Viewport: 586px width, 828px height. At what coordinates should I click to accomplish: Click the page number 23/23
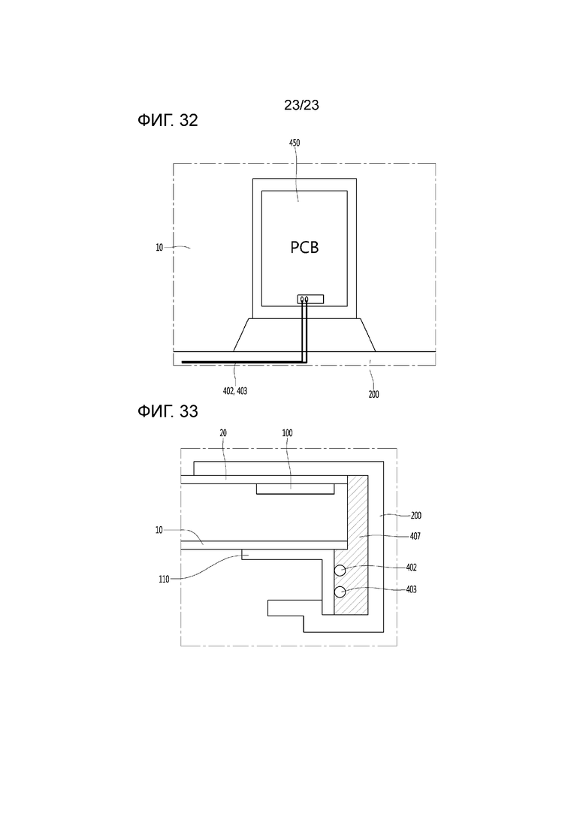point(301,105)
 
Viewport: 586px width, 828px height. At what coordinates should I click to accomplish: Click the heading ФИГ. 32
point(168,120)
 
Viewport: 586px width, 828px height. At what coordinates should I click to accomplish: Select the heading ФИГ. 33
point(168,411)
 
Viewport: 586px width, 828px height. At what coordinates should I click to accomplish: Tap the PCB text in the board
point(304,247)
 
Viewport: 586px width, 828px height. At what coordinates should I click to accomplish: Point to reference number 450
point(295,143)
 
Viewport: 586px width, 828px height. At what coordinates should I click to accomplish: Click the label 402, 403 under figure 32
point(235,391)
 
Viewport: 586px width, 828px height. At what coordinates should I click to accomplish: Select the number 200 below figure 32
point(373,394)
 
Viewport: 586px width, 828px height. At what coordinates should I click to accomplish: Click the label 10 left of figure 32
point(159,247)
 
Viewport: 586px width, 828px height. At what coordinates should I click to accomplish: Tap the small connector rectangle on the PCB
point(310,299)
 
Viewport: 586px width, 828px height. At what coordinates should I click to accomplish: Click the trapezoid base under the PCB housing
point(304,335)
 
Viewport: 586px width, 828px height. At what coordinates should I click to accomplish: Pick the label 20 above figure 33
point(223,433)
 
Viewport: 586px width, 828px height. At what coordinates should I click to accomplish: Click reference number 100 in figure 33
point(287,433)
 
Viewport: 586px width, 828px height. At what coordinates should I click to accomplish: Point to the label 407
point(415,536)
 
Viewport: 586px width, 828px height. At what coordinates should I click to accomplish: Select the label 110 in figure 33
point(164,580)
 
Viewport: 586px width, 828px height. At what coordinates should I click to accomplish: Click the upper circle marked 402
point(340,571)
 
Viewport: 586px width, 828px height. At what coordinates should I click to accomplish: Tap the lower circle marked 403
point(340,592)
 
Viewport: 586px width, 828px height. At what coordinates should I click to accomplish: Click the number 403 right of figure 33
point(411,589)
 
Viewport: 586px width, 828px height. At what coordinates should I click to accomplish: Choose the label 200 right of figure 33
point(416,516)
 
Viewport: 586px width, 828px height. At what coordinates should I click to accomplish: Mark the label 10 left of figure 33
point(159,530)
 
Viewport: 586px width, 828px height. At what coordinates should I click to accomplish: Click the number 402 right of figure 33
point(411,568)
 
